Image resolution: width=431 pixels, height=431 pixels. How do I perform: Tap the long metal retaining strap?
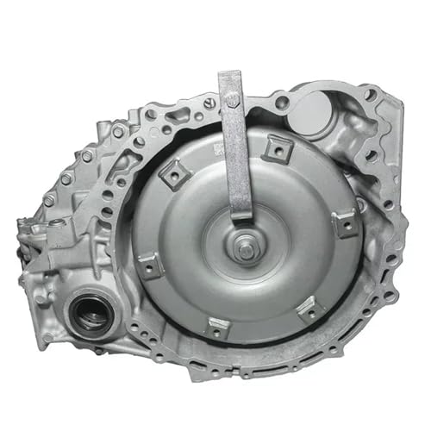(x=234, y=147)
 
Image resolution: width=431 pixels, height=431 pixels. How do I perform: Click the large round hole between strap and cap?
(x=281, y=103)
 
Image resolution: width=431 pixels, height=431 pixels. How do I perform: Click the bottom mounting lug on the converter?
(x=219, y=328)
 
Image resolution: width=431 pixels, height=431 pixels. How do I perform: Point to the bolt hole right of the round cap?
(x=370, y=94)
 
